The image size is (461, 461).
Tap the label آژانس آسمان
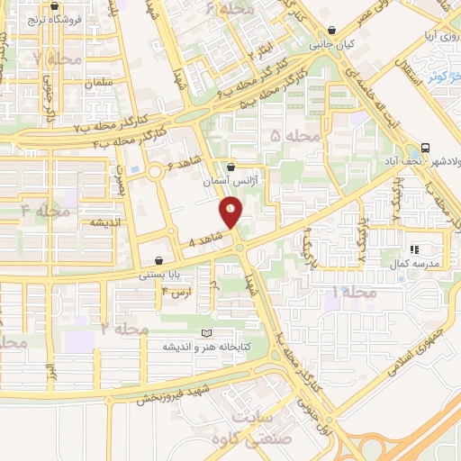232,181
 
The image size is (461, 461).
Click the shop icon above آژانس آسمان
232,167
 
